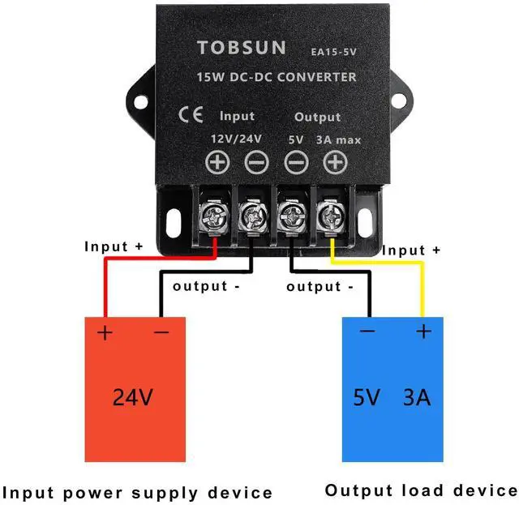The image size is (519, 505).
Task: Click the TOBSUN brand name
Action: (241, 48)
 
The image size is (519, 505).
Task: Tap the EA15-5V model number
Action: (332, 51)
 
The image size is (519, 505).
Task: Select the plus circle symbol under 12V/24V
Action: (217, 163)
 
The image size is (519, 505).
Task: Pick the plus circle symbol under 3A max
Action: (334, 163)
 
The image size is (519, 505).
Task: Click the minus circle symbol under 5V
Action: (296, 163)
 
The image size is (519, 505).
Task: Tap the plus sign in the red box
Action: (105, 332)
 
